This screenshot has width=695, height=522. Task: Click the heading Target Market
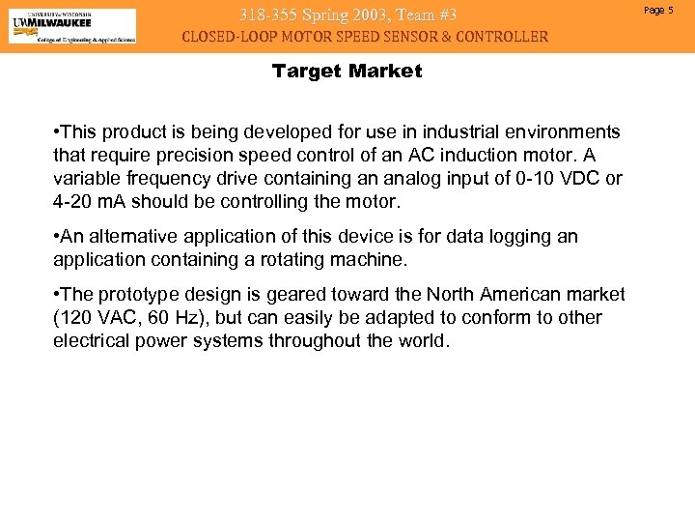347,72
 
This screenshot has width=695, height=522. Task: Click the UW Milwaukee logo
72,26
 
